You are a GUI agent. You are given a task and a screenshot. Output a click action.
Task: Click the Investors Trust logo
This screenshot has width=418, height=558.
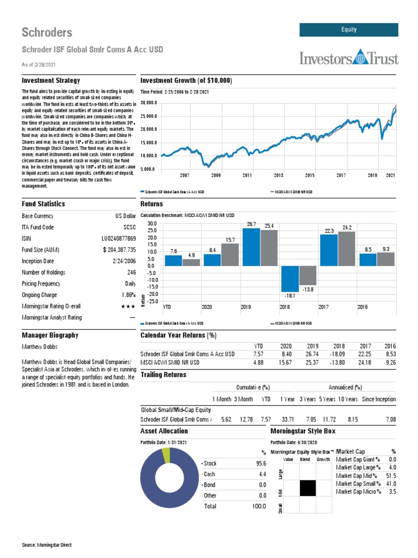coord(348,58)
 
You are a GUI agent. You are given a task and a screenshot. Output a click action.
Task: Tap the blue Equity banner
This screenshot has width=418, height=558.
coord(348,30)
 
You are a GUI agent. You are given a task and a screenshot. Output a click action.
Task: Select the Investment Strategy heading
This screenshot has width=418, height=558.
coord(51,81)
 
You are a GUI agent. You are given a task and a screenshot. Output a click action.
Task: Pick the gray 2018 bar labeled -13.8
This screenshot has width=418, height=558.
coord(308,275)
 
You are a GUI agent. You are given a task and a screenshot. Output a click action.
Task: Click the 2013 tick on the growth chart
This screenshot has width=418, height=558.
coord(279,175)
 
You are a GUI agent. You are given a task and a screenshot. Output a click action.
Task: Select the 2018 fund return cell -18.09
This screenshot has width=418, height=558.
coord(339,354)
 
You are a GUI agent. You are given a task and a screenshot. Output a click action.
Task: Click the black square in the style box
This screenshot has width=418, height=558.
coord(308,488)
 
